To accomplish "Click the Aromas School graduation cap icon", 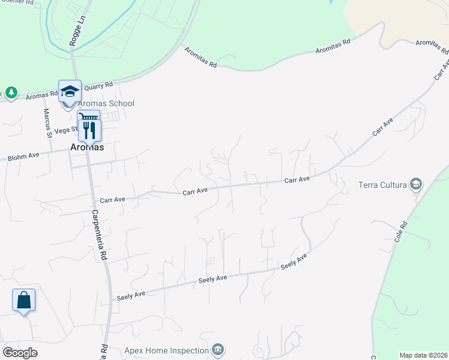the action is pyautogui.click(x=70, y=91).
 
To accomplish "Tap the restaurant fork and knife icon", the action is pyautogui.click(x=89, y=129).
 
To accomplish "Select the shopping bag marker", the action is pyautogui.click(x=23, y=299).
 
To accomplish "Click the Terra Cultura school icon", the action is pyautogui.click(x=415, y=184).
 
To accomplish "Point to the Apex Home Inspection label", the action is pyautogui.click(x=166, y=350).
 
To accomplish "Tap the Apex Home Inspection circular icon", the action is pyautogui.click(x=218, y=350).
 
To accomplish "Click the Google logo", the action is pyautogui.click(x=19, y=353).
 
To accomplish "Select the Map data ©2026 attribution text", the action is pyautogui.click(x=423, y=355).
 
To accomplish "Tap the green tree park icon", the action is pyautogui.click(x=11, y=92).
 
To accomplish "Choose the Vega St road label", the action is pyautogui.click(x=66, y=129).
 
